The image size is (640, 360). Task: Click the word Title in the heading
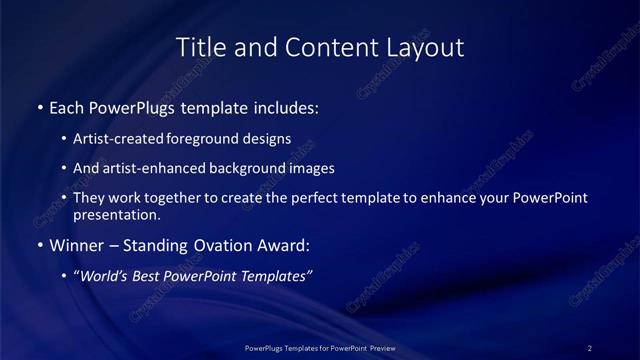coord(200,47)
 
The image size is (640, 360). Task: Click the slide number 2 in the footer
coord(590,348)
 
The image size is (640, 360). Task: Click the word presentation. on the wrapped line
coord(116,215)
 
